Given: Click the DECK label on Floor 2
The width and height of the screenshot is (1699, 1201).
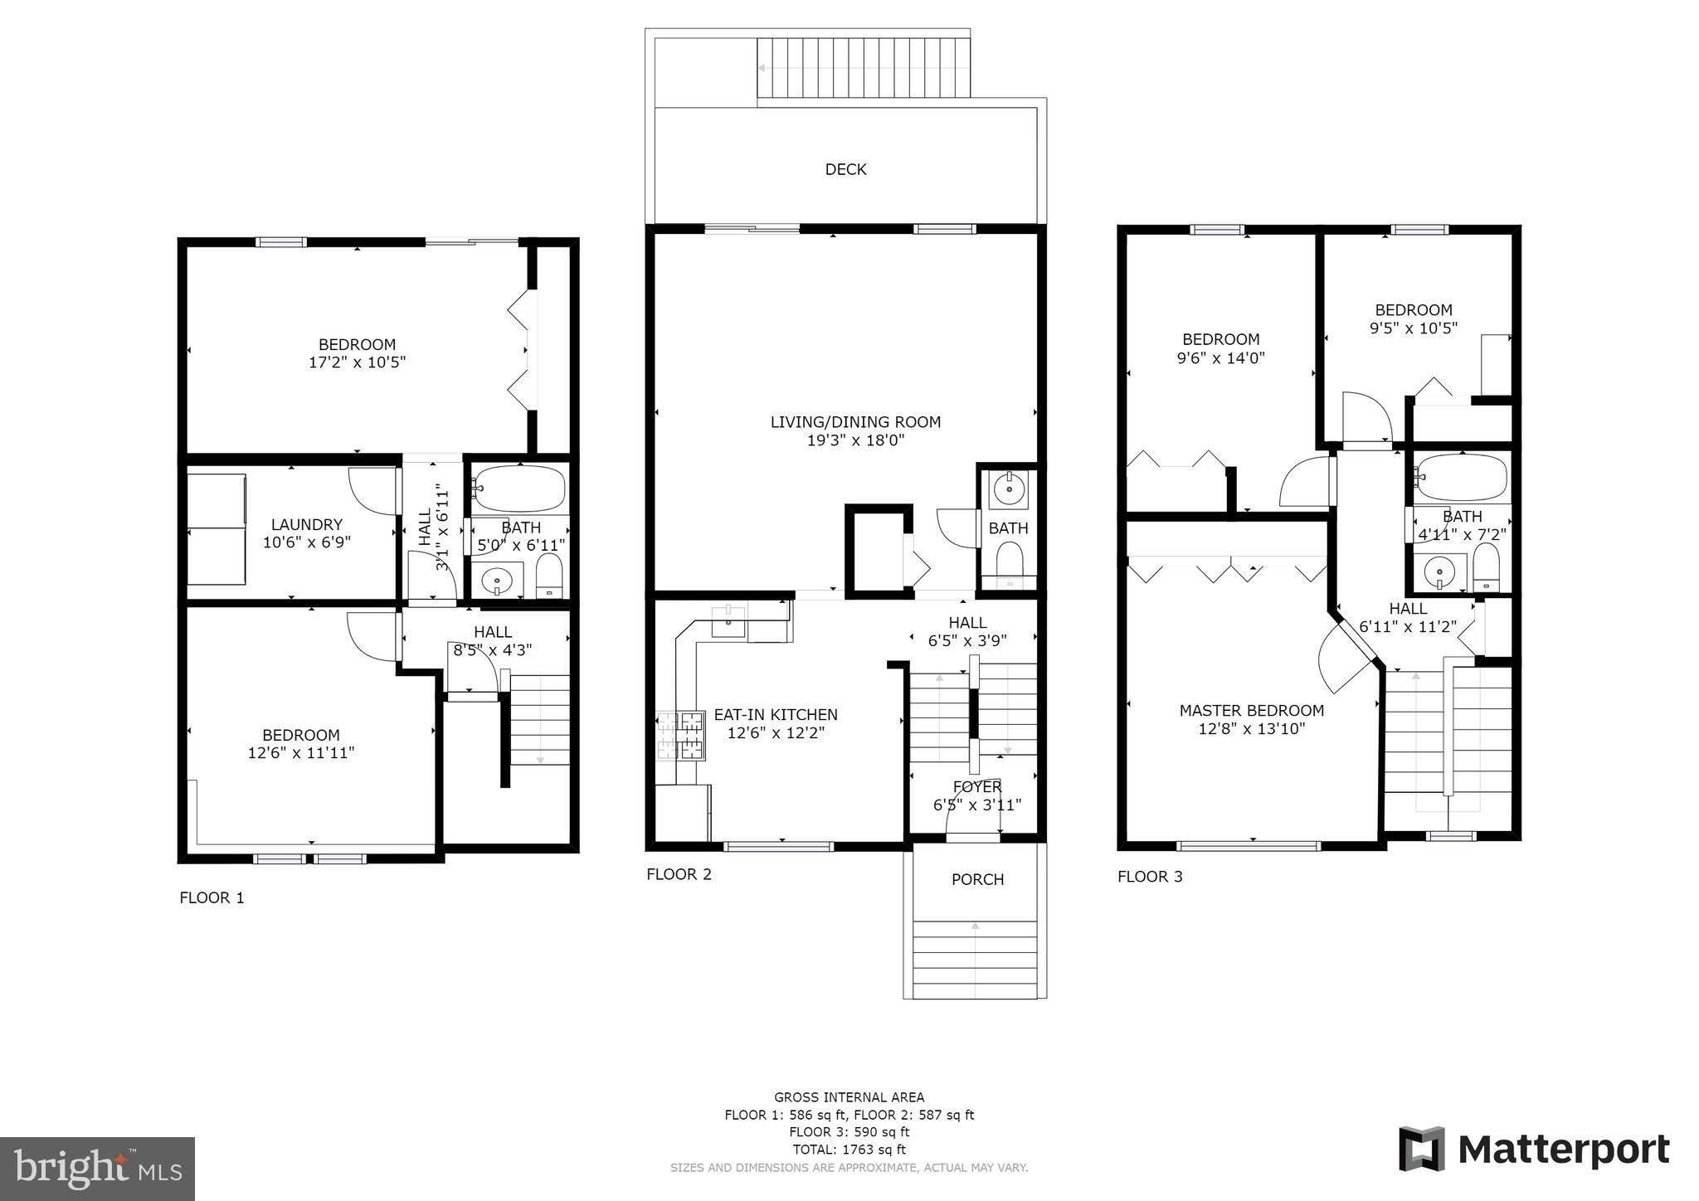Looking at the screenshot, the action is (x=845, y=169).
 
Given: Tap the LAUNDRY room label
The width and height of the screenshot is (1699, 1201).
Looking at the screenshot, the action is (x=307, y=524).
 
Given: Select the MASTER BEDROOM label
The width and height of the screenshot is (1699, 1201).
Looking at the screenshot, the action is (x=1252, y=710).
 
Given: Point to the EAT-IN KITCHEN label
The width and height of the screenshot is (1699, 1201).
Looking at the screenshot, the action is (x=776, y=714).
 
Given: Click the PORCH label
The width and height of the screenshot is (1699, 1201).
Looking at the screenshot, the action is (x=977, y=879).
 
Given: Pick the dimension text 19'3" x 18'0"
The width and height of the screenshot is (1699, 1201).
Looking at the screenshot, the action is (x=855, y=440).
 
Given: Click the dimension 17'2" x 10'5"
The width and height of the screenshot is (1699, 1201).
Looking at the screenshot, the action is (x=357, y=362).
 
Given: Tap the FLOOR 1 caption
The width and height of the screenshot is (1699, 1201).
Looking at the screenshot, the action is (x=212, y=897).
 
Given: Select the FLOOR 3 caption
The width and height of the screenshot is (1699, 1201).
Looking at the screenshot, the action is (x=1150, y=877).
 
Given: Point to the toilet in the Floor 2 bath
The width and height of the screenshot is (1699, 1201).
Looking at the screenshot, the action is (x=1009, y=562).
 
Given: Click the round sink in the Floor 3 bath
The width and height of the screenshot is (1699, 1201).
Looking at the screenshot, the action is (x=1439, y=572).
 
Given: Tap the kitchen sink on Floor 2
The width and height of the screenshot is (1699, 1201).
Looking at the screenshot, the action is (x=728, y=621).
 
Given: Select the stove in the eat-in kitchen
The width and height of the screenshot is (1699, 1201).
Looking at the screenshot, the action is (x=681, y=735).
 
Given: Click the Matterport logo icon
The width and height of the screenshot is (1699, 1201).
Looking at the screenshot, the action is (x=1422, y=1149).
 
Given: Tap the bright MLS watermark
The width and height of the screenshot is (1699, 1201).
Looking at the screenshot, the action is (x=98, y=1169).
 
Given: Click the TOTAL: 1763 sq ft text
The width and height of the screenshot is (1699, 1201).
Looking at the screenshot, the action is (x=849, y=1150).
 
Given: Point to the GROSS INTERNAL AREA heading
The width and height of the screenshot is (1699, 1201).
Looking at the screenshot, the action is (x=849, y=1097).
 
